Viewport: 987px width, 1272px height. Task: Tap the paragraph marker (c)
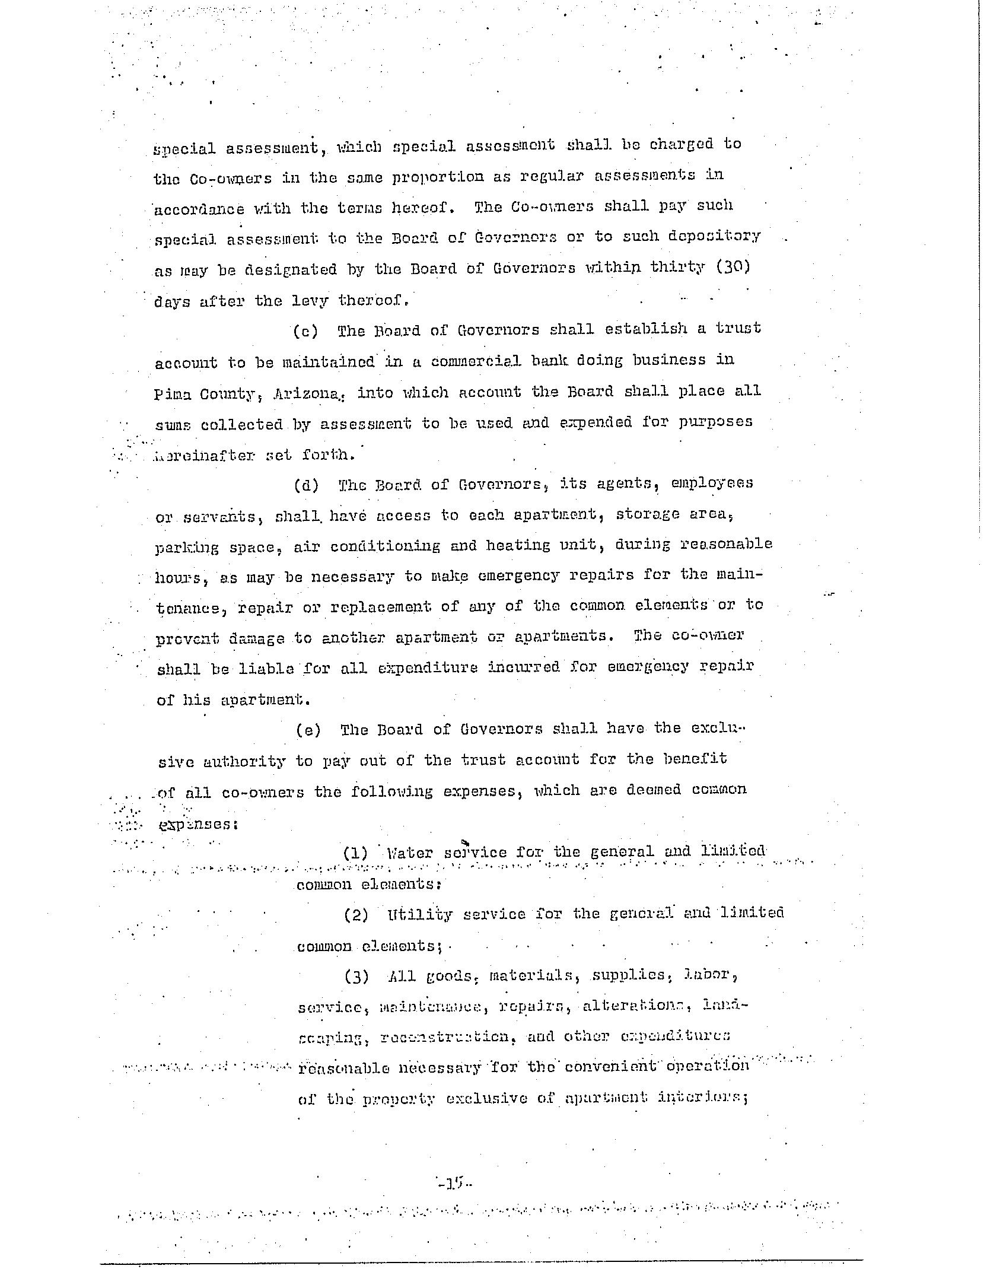(305, 331)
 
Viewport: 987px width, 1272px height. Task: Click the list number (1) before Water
(355, 853)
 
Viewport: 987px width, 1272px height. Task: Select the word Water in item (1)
(409, 853)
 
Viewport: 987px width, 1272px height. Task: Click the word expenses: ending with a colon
(195, 824)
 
